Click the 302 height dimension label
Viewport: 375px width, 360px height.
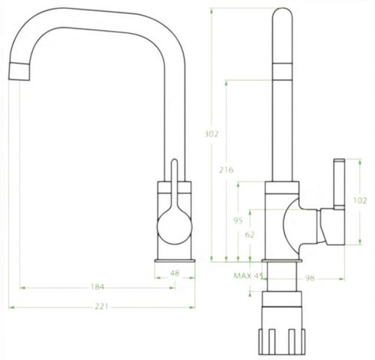tap(211, 134)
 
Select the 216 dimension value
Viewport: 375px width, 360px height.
tap(226, 170)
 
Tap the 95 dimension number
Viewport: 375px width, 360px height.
tap(238, 220)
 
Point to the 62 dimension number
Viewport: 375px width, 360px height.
tap(250, 235)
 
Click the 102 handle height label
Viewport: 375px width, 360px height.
tap(360, 200)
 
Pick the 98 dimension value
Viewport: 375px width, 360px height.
tap(310, 278)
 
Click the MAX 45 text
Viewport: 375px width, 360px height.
tap(248, 276)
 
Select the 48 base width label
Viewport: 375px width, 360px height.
tap(175, 273)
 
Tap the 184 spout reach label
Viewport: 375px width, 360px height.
tap(97, 287)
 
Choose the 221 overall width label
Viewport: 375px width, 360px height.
tap(101, 307)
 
